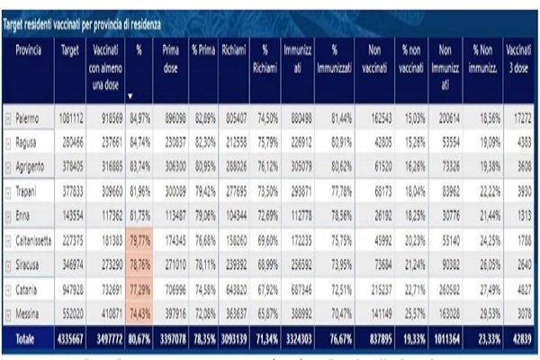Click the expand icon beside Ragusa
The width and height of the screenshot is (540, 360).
[8, 141]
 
